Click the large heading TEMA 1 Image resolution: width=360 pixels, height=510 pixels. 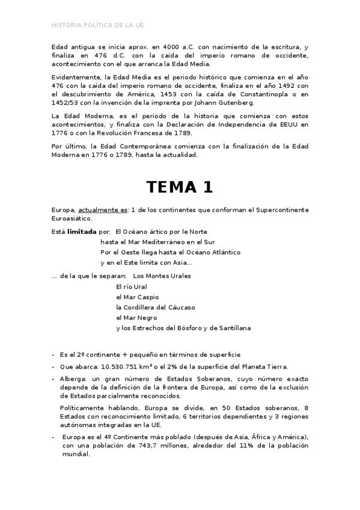pos(180,187)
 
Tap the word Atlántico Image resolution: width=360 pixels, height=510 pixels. pos(222,252)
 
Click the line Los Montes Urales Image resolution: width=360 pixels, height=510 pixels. pos(162,276)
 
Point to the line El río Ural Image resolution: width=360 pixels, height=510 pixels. pos(132,287)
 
